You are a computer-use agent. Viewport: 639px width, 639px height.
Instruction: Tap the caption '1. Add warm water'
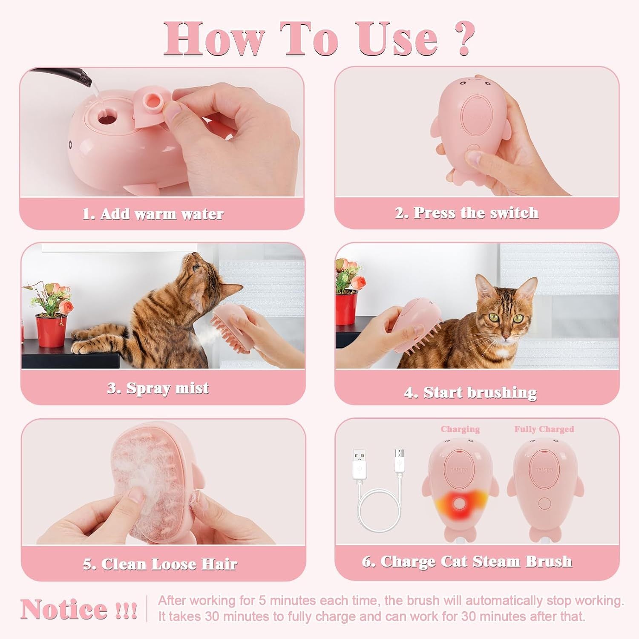153,214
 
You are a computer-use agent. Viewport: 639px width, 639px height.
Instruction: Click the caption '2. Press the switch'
467,213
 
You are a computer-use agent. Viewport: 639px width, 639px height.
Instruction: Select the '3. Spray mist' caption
158,388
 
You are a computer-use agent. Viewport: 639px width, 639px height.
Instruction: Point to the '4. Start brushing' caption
470,392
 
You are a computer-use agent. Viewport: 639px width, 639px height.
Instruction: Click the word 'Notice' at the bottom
64,609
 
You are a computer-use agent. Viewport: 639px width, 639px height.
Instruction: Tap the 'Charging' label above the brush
460,429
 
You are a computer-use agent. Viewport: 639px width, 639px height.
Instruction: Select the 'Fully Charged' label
544,429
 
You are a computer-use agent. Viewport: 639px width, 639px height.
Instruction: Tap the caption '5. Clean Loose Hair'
160,564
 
